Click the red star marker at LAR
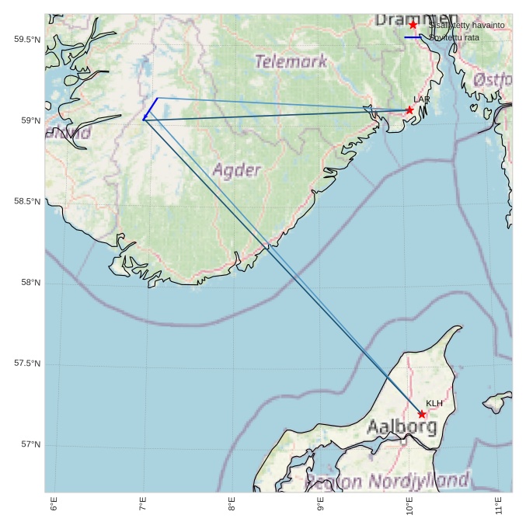[x=409, y=110]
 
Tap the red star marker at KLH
[x=422, y=414]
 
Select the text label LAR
[x=422, y=99]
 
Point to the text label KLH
[x=434, y=403]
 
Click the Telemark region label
[x=291, y=61]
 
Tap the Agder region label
[x=236, y=170]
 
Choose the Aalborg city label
[x=401, y=426]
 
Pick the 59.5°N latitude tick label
[x=27, y=40]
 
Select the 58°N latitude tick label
[x=31, y=283]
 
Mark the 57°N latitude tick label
[x=31, y=444]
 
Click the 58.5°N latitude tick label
[x=27, y=202]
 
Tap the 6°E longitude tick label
[x=54, y=505]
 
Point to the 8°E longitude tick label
[x=232, y=505]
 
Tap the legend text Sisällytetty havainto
[x=466, y=25]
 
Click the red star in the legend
[x=413, y=25]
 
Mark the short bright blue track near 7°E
[x=151, y=108]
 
